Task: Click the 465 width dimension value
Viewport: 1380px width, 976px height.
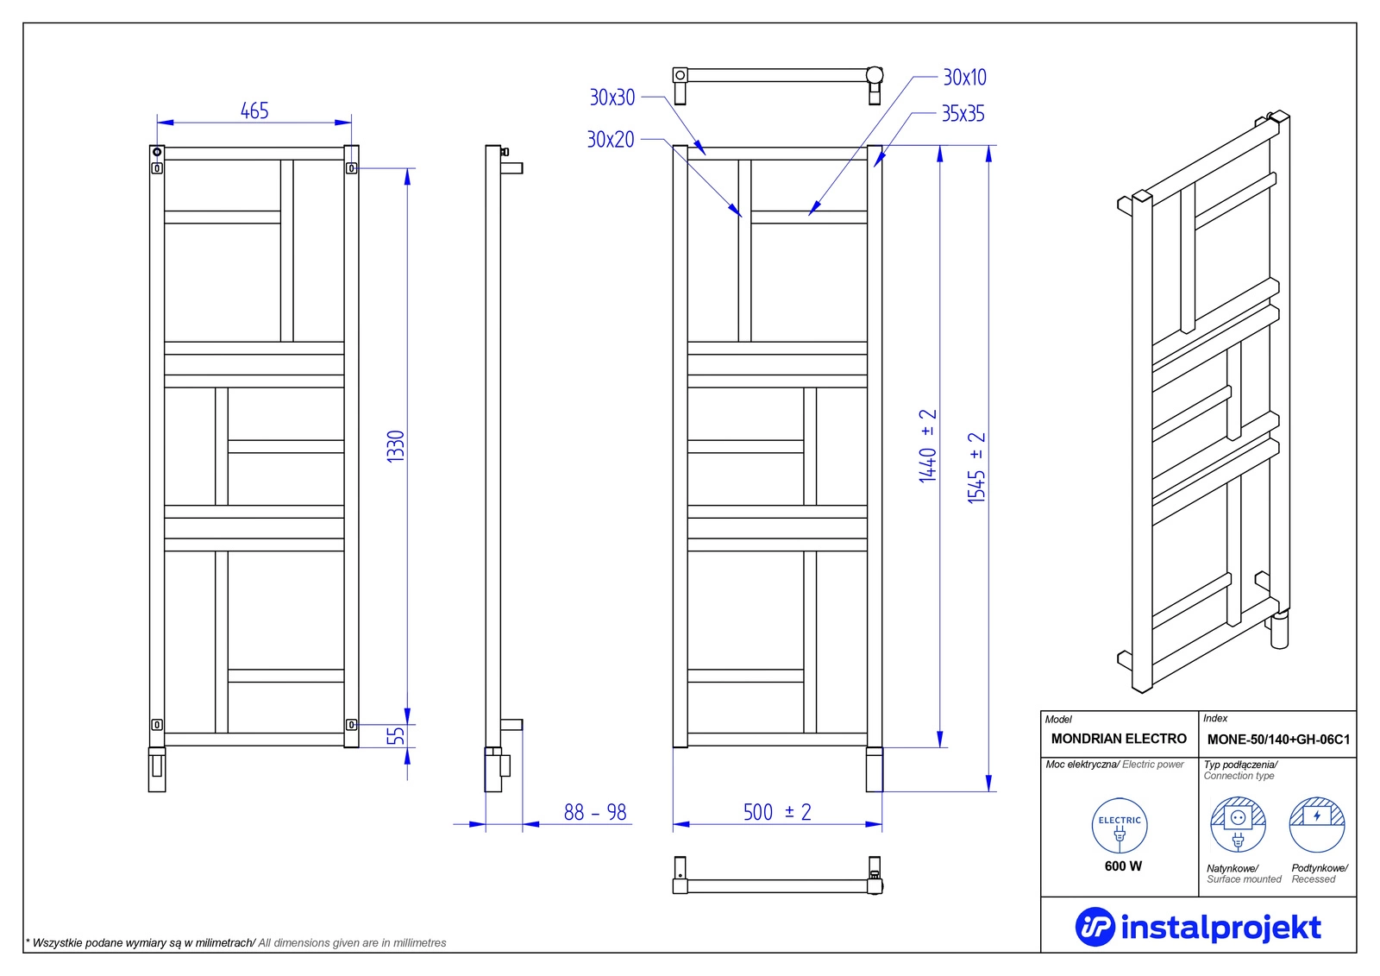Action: [x=254, y=111]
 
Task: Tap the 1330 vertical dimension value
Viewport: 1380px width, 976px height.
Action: [x=396, y=446]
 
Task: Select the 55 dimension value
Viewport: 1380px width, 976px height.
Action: [x=396, y=735]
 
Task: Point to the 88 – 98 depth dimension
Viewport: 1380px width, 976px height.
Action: [x=595, y=813]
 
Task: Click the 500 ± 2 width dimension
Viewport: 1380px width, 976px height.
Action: [x=777, y=812]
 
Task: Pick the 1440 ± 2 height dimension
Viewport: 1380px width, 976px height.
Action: [x=927, y=446]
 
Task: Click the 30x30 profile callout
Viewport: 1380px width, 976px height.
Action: [x=612, y=98]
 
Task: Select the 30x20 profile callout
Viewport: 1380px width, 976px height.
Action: [x=611, y=139]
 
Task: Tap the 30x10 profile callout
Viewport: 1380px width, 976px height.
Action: [x=965, y=77]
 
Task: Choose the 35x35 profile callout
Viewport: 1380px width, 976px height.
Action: [x=963, y=113]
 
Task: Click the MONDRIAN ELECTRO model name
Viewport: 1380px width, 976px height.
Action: [x=1119, y=739]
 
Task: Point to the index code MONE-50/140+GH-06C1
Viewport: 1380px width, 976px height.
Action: [x=1278, y=740]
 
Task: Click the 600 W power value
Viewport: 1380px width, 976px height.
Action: [x=1123, y=866]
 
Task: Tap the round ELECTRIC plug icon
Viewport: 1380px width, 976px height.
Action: [x=1120, y=826]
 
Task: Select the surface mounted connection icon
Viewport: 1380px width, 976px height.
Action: [x=1239, y=824]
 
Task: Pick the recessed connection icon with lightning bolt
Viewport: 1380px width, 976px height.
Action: [x=1317, y=824]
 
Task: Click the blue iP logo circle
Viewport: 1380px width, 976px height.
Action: [x=1095, y=927]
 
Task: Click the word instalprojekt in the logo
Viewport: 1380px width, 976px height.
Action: [x=1221, y=928]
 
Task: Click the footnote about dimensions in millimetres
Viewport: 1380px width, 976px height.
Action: [x=236, y=942]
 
